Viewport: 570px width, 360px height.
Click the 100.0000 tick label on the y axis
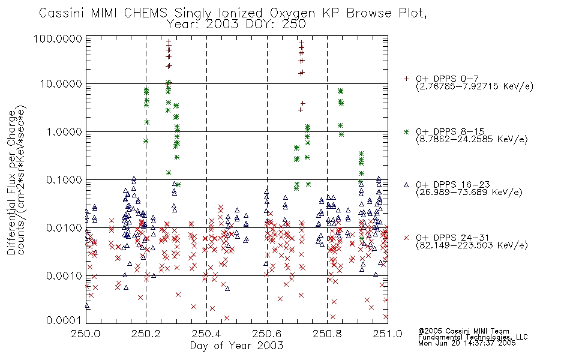tap(58, 38)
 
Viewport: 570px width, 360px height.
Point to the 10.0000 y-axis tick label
tap(61, 84)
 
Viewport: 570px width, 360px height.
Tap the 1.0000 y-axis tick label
tap(64, 131)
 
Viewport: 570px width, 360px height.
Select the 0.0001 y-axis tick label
tap(64, 320)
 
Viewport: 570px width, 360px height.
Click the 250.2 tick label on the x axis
tap(146, 334)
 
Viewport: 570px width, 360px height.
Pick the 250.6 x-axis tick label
tap(267, 334)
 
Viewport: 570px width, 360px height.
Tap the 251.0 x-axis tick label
tap(388, 334)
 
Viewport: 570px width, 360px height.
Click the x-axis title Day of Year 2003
tap(236, 346)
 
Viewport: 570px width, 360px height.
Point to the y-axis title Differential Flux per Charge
tap(11, 182)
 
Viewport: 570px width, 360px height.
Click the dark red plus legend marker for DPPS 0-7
tap(406, 79)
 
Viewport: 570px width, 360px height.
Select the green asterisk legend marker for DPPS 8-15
tap(406, 131)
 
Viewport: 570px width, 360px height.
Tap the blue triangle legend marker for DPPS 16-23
tap(406, 185)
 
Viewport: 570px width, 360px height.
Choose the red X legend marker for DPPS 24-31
tap(406, 238)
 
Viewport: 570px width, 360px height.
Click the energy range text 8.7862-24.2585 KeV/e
tap(472, 139)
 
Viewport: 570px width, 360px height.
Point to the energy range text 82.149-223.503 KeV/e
tap(472, 245)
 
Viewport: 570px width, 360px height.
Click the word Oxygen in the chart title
tap(293, 13)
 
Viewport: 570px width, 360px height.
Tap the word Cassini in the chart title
tap(61, 13)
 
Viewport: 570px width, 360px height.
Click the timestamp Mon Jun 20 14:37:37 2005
tap(467, 343)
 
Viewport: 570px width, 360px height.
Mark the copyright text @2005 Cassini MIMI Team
tap(463, 331)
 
